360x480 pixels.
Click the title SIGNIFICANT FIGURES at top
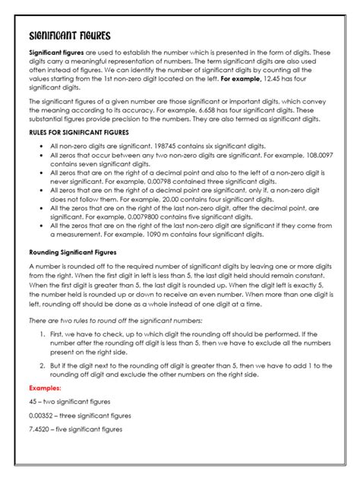pos(69,35)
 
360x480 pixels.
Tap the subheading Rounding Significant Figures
pos(74,251)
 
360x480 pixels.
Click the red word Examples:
pos(45,388)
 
